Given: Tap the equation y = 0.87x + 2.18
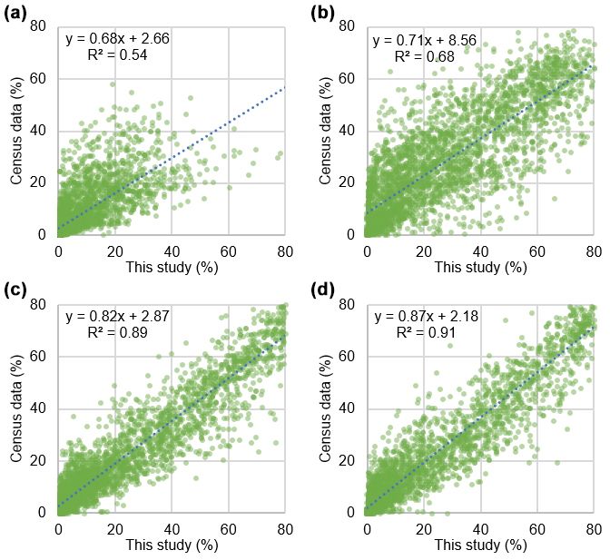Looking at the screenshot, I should click(x=425, y=317).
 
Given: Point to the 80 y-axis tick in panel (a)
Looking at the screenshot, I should click(x=40, y=27).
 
